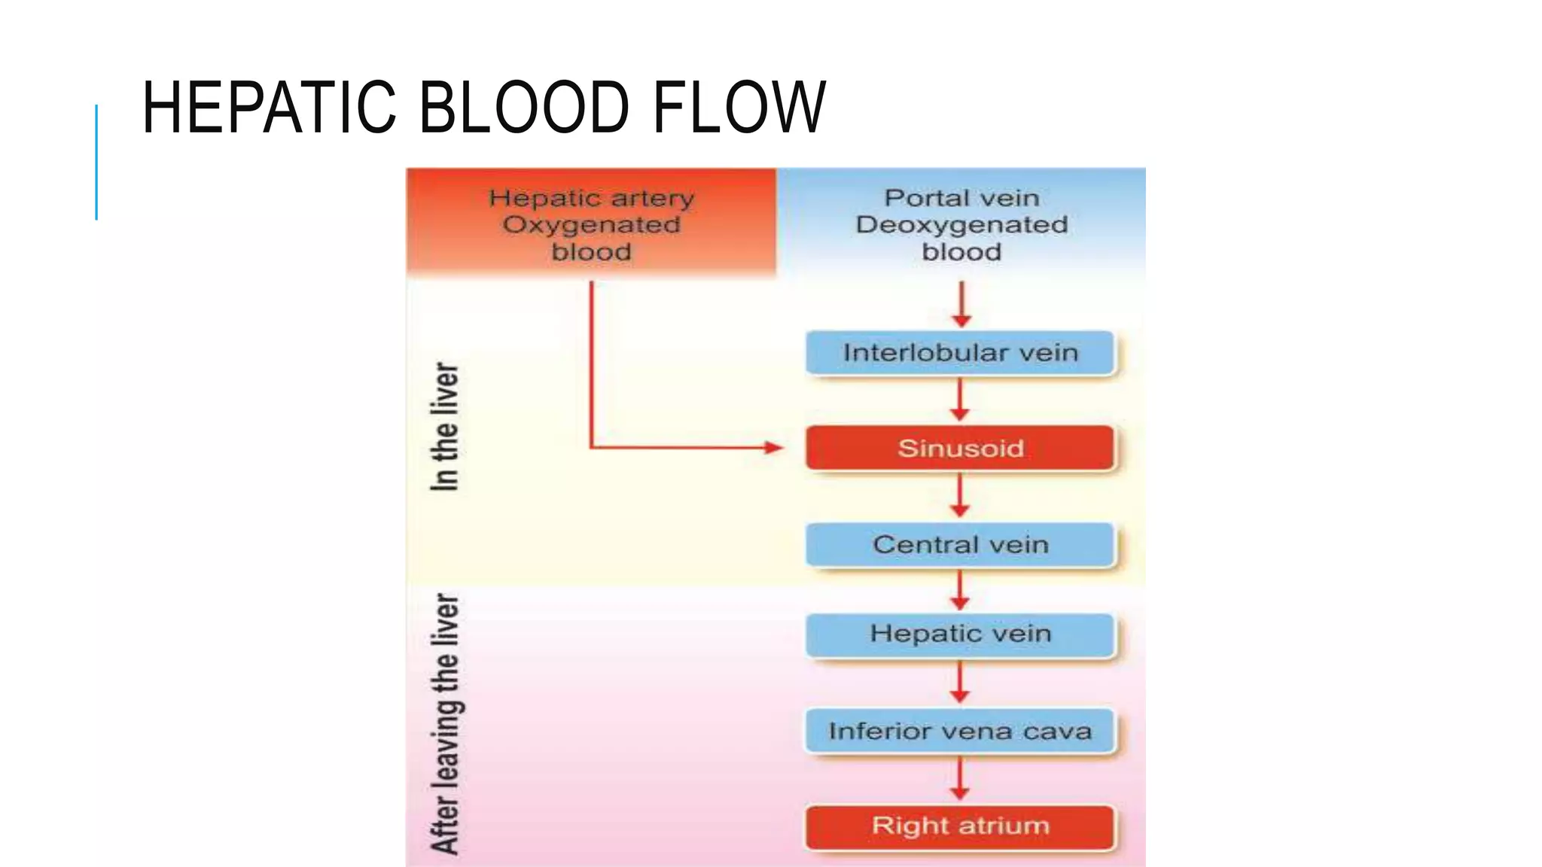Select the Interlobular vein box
tap(960, 353)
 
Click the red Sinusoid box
tap(960, 449)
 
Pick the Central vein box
tap(960, 544)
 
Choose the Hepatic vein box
tap(960, 634)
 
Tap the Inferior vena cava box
tap(960, 731)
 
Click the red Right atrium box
tap(960, 826)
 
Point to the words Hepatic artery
tap(591, 198)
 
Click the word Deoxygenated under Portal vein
tap(961, 225)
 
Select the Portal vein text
tap(961, 198)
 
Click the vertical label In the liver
tap(444, 427)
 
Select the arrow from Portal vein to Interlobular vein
tap(961, 305)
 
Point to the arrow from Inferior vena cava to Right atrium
tap(959, 779)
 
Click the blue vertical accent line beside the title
tap(96, 162)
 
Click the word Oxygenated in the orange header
tap(591, 225)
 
